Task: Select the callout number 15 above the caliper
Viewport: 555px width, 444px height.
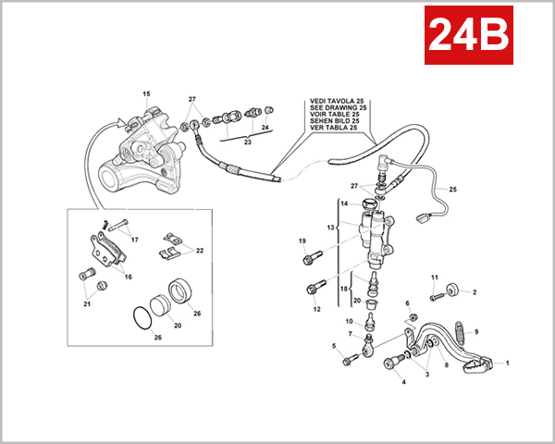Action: point(145,94)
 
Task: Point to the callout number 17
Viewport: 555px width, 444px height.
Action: point(134,240)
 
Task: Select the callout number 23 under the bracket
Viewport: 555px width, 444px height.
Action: point(247,142)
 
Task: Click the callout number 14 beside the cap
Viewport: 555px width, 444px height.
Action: point(342,203)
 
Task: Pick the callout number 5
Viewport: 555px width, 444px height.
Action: point(334,346)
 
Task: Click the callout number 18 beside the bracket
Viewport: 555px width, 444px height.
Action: point(342,290)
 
